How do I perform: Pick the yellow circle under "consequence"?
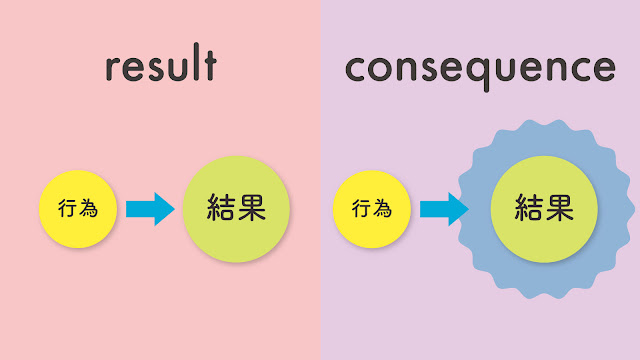click(370, 210)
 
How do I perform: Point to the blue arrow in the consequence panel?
click(443, 210)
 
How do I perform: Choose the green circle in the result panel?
click(236, 210)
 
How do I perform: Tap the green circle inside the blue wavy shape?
click(544, 210)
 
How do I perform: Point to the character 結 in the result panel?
click(220, 210)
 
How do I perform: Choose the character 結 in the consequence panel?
click(528, 209)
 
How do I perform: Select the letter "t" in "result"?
click(208, 65)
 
